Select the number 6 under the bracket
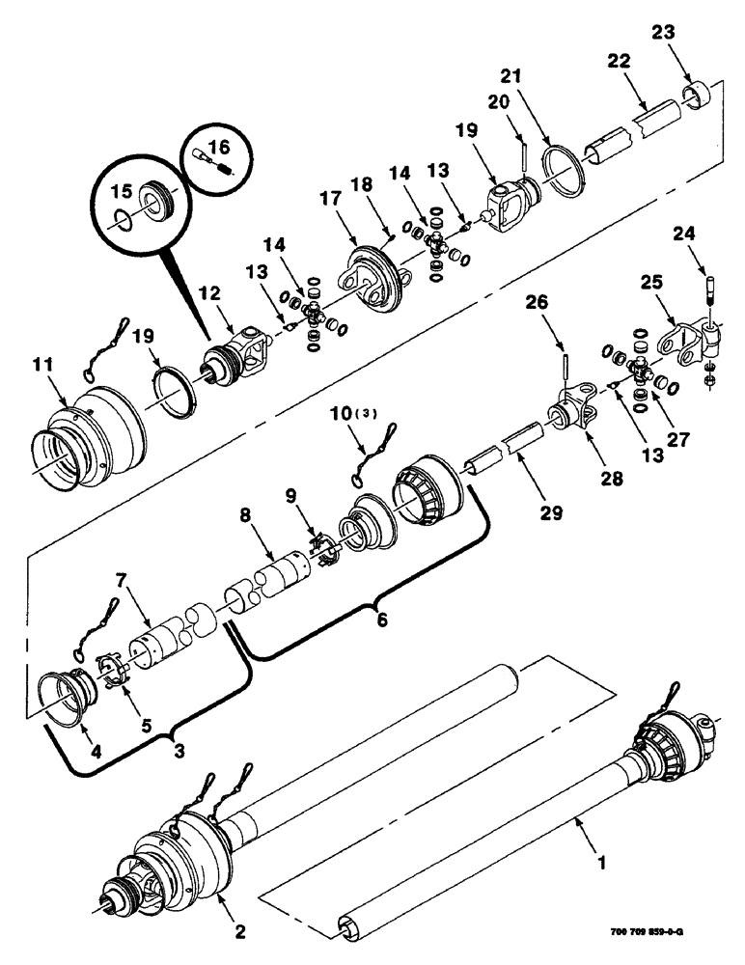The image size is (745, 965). [x=382, y=620]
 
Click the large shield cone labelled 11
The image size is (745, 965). [x=92, y=444]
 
